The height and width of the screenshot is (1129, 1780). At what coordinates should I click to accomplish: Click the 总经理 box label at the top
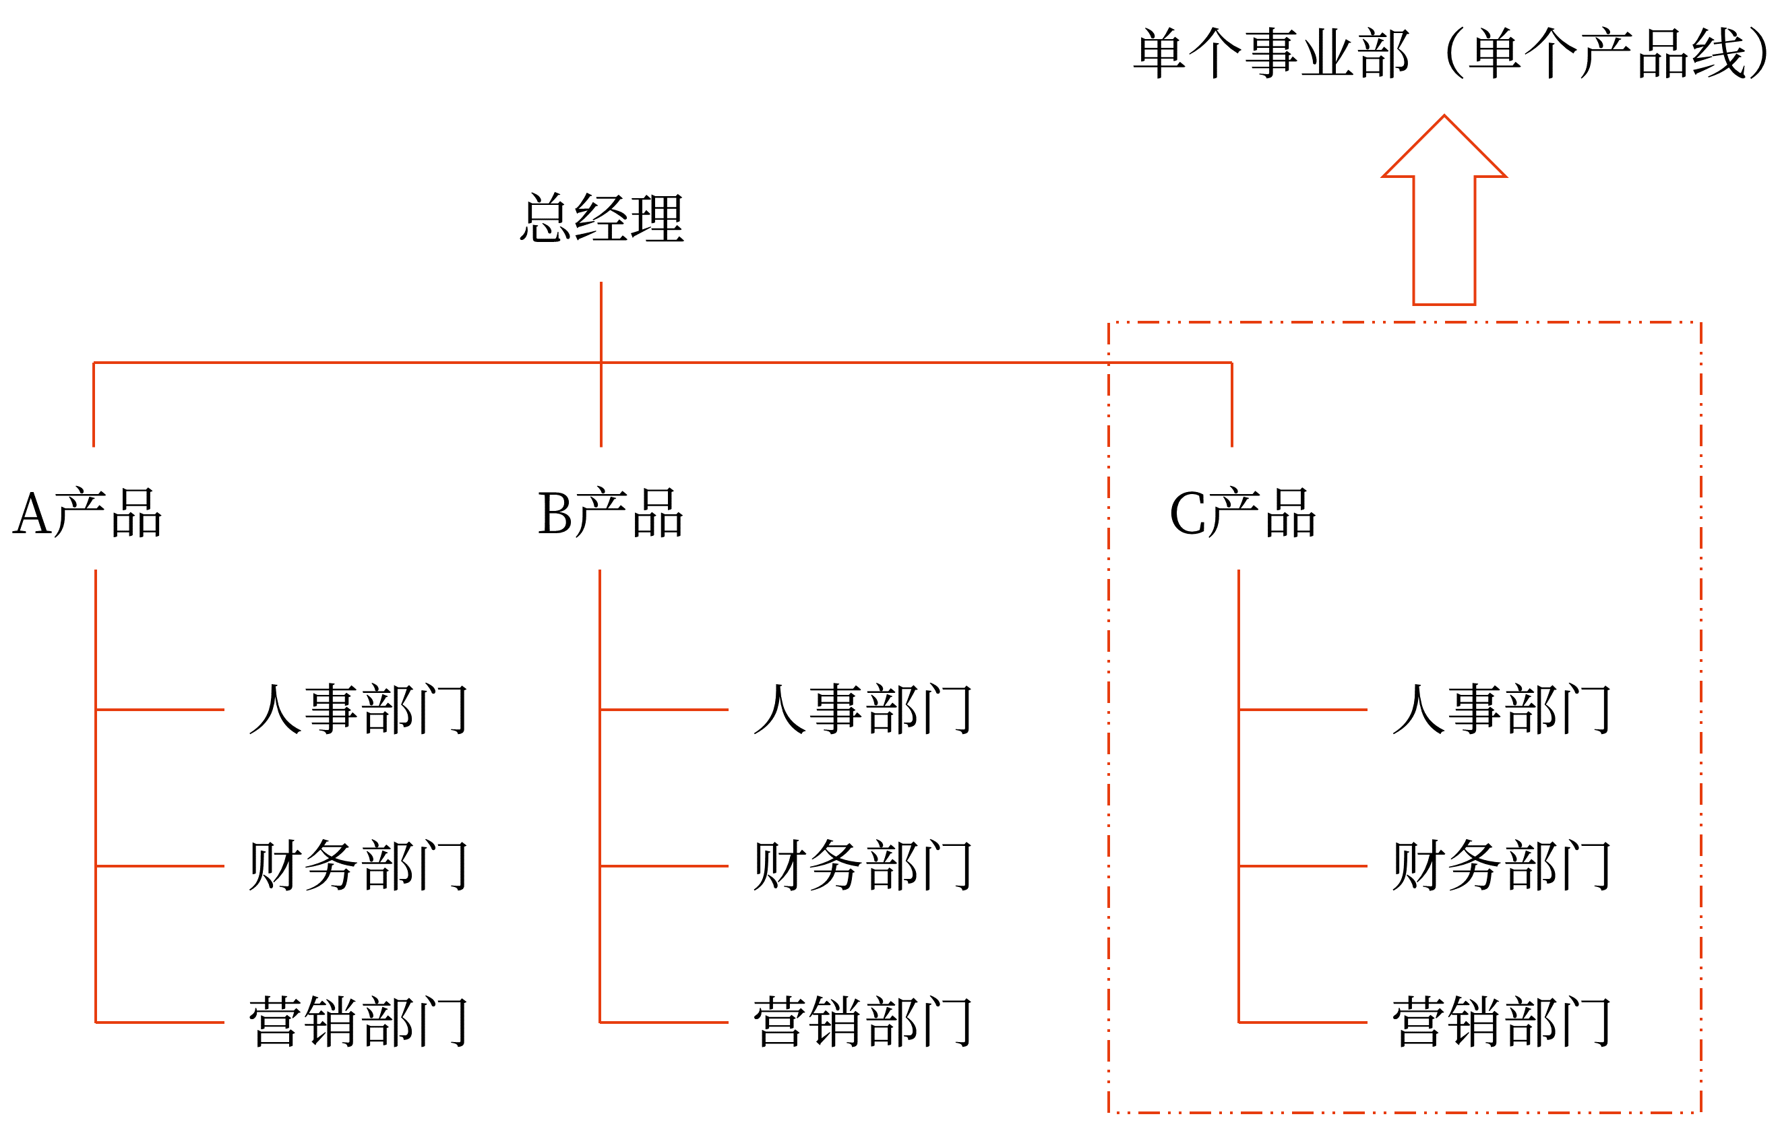[x=602, y=218]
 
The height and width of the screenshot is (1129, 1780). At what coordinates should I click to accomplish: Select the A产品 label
[x=87, y=512]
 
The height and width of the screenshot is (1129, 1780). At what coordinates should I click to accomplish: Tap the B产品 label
[x=610, y=512]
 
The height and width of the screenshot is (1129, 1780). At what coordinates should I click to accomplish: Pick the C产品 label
[x=1243, y=512]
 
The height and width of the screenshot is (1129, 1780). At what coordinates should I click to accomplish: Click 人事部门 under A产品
[x=358, y=709]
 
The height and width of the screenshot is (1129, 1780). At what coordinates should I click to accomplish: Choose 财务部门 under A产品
[x=358, y=865]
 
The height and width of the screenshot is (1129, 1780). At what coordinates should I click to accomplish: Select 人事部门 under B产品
[x=862, y=709]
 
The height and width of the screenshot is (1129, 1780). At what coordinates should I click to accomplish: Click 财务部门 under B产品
[x=862, y=865]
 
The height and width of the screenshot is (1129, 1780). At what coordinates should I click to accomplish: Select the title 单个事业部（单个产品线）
[x=1452, y=53]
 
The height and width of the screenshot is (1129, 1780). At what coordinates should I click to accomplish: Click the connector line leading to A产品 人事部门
[x=160, y=710]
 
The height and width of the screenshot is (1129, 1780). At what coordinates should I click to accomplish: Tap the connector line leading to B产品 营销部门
[x=664, y=1023]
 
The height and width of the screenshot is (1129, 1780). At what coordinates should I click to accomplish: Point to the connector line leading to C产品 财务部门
[x=1302, y=865]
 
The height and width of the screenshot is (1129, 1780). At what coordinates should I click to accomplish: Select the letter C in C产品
[x=1189, y=514]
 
